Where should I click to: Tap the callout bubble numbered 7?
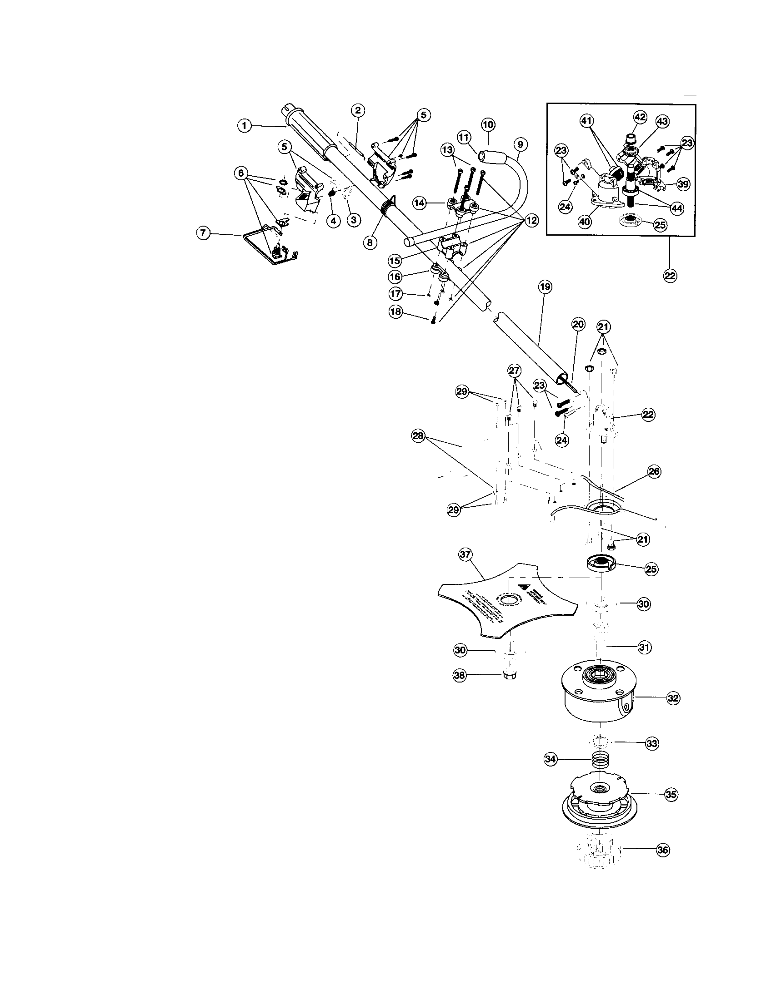[203, 233]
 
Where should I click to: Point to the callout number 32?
[672, 698]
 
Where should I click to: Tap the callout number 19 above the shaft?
[545, 287]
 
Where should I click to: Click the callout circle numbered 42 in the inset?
[640, 117]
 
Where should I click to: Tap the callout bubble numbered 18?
[395, 312]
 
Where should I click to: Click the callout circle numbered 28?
[418, 436]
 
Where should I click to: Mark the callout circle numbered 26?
[654, 472]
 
